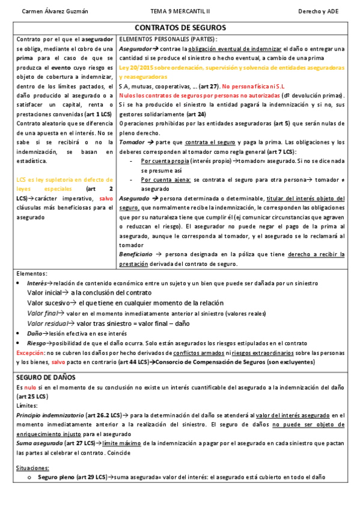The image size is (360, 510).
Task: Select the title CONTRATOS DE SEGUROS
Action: [x=180, y=28]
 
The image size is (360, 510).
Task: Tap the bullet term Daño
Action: [x=34, y=333]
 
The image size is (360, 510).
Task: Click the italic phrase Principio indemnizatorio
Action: [x=49, y=415]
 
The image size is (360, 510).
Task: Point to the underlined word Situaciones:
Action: [x=32, y=467]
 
